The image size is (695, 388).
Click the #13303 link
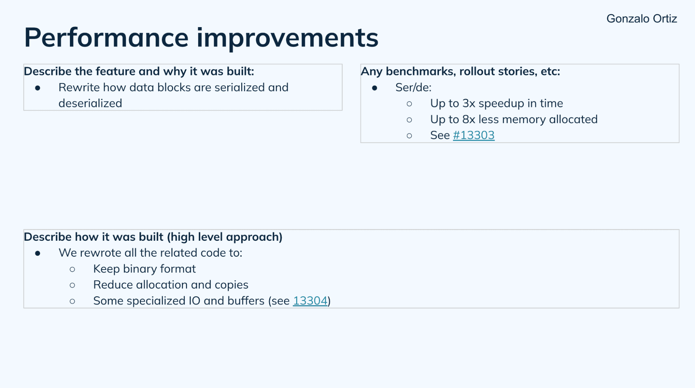tap(473, 135)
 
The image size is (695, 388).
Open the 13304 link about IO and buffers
tap(310, 300)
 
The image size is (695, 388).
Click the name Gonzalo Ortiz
tap(641, 18)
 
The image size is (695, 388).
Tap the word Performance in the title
tap(106, 38)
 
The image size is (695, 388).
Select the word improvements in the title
tap(287, 38)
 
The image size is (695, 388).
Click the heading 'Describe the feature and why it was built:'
tap(139, 71)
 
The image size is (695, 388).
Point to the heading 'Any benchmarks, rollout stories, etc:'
tap(460, 71)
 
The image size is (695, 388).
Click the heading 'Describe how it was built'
tap(153, 237)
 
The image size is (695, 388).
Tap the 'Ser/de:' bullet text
tap(413, 87)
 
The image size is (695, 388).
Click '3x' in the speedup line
tap(469, 103)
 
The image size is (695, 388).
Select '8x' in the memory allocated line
tap(469, 119)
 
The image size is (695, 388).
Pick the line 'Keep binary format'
tap(144, 269)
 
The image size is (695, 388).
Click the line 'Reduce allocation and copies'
tap(170, 284)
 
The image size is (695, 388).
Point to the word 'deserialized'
tap(90, 103)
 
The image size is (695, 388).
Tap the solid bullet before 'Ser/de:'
tap(374, 88)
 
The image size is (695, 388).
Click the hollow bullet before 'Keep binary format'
tap(72, 269)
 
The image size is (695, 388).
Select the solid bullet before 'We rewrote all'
tap(38, 253)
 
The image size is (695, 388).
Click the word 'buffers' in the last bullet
tap(246, 300)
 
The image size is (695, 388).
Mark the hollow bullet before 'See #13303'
tap(409, 136)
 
